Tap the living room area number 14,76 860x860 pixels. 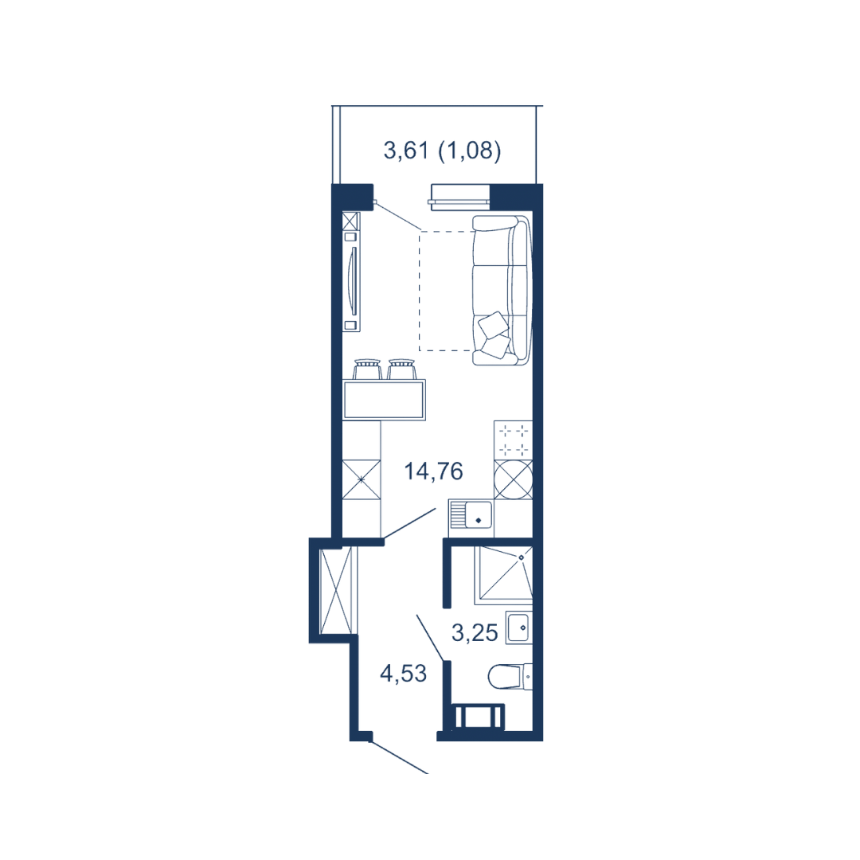pyautogui.click(x=433, y=471)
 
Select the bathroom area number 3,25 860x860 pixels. pyautogui.click(x=475, y=633)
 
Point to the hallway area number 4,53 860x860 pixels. pyautogui.click(x=403, y=674)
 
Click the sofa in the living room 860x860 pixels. pyautogui.click(x=502, y=290)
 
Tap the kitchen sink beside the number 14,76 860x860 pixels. pyautogui.click(x=471, y=518)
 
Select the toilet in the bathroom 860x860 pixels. pyautogui.click(x=510, y=676)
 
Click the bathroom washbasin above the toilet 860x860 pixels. pyautogui.click(x=518, y=627)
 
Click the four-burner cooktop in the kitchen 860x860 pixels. pyautogui.click(x=513, y=440)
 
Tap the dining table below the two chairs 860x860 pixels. pyautogui.click(x=384, y=400)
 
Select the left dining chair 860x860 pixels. pyautogui.click(x=367, y=369)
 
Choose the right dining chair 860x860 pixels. pyautogui.click(x=401, y=369)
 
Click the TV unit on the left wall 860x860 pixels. pyautogui.click(x=352, y=272)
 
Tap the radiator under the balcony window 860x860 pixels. pyautogui.click(x=459, y=197)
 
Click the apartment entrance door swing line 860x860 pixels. pyautogui.click(x=399, y=757)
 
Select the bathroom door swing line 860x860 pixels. pyautogui.click(x=431, y=637)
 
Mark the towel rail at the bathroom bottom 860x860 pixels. pyautogui.click(x=479, y=717)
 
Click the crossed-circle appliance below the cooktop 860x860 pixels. pyautogui.click(x=513, y=479)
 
